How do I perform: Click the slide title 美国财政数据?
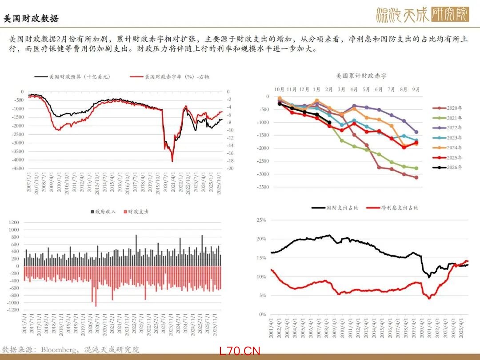(x=31, y=19)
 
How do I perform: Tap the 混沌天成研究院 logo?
(x=422, y=15)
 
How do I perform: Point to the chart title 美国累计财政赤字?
(x=361, y=76)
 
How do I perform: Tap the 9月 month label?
(x=416, y=89)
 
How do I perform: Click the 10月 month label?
(x=279, y=89)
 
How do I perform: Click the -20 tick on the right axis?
(x=230, y=168)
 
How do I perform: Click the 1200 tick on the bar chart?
(x=13, y=222)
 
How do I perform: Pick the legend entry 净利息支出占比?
(x=400, y=208)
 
